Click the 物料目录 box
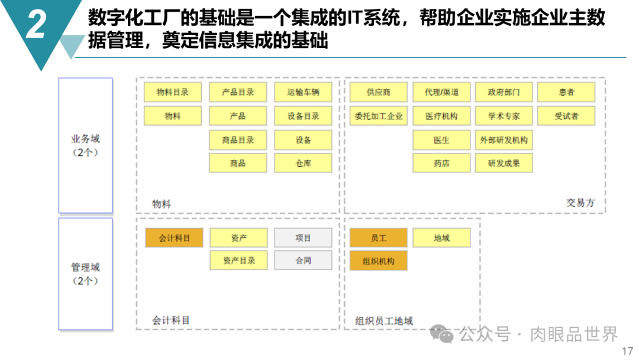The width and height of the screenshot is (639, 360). pyautogui.click(x=172, y=92)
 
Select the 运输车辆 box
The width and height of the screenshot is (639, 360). pyautogui.click(x=303, y=92)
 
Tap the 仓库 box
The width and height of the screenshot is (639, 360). pyautogui.click(x=303, y=163)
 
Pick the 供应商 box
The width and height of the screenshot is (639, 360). pyautogui.click(x=379, y=92)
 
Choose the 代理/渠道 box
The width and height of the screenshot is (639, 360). pyautogui.click(x=441, y=92)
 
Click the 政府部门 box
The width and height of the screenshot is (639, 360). pyautogui.click(x=504, y=92)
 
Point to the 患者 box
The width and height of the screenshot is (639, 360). pyautogui.click(x=566, y=92)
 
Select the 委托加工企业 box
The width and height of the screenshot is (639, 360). pyautogui.click(x=379, y=116)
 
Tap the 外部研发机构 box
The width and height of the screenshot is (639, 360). pyautogui.click(x=504, y=140)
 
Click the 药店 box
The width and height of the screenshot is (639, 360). pyautogui.click(x=441, y=163)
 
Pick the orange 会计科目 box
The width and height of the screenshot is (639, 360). pyautogui.click(x=174, y=237)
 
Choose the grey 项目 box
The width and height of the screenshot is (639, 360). pyautogui.click(x=303, y=237)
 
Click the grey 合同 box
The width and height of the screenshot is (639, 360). pyautogui.click(x=303, y=260)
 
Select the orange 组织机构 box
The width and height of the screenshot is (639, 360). pyautogui.click(x=379, y=261)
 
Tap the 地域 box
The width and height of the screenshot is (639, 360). pyautogui.click(x=441, y=237)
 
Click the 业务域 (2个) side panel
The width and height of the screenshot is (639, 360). pyautogui.click(x=86, y=146)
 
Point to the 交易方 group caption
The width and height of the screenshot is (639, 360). pyautogui.click(x=580, y=202)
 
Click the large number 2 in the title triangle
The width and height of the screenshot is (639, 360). pyautogui.click(x=36, y=24)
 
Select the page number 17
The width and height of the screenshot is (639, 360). pyautogui.click(x=628, y=351)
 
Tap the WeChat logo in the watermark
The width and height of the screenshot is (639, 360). pyautogui.click(x=441, y=334)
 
